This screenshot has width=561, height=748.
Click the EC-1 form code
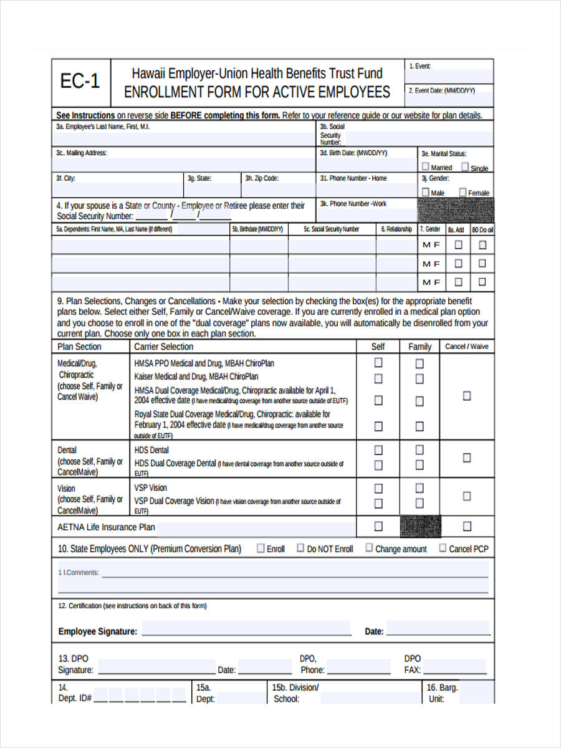[x=80, y=82]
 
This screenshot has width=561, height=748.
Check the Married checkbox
[x=425, y=167]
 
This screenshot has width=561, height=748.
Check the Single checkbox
[x=465, y=167]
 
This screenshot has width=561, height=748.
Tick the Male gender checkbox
[x=426, y=192]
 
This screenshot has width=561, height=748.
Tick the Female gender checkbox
[x=463, y=192]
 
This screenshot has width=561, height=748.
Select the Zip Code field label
[x=262, y=178]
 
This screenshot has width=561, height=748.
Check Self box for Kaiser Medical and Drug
[x=378, y=378]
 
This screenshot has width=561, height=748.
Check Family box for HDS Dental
[x=420, y=449]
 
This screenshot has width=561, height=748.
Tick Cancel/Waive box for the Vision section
[x=467, y=496]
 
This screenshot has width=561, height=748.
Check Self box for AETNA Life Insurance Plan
[x=378, y=527]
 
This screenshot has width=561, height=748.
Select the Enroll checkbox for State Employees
[x=261, y=548]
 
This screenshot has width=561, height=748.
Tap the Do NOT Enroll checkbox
[x=300, y=548]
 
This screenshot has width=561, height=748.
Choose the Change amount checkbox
[x=369, y=548]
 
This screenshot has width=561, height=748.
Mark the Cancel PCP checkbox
[x=443, y=548]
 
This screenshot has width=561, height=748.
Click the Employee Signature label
[x=97, y=631]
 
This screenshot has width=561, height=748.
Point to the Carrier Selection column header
[x=164, y=347]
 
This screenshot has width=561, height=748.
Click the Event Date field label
[x=441, y=90]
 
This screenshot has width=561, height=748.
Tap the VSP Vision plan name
[x=151, y=487]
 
